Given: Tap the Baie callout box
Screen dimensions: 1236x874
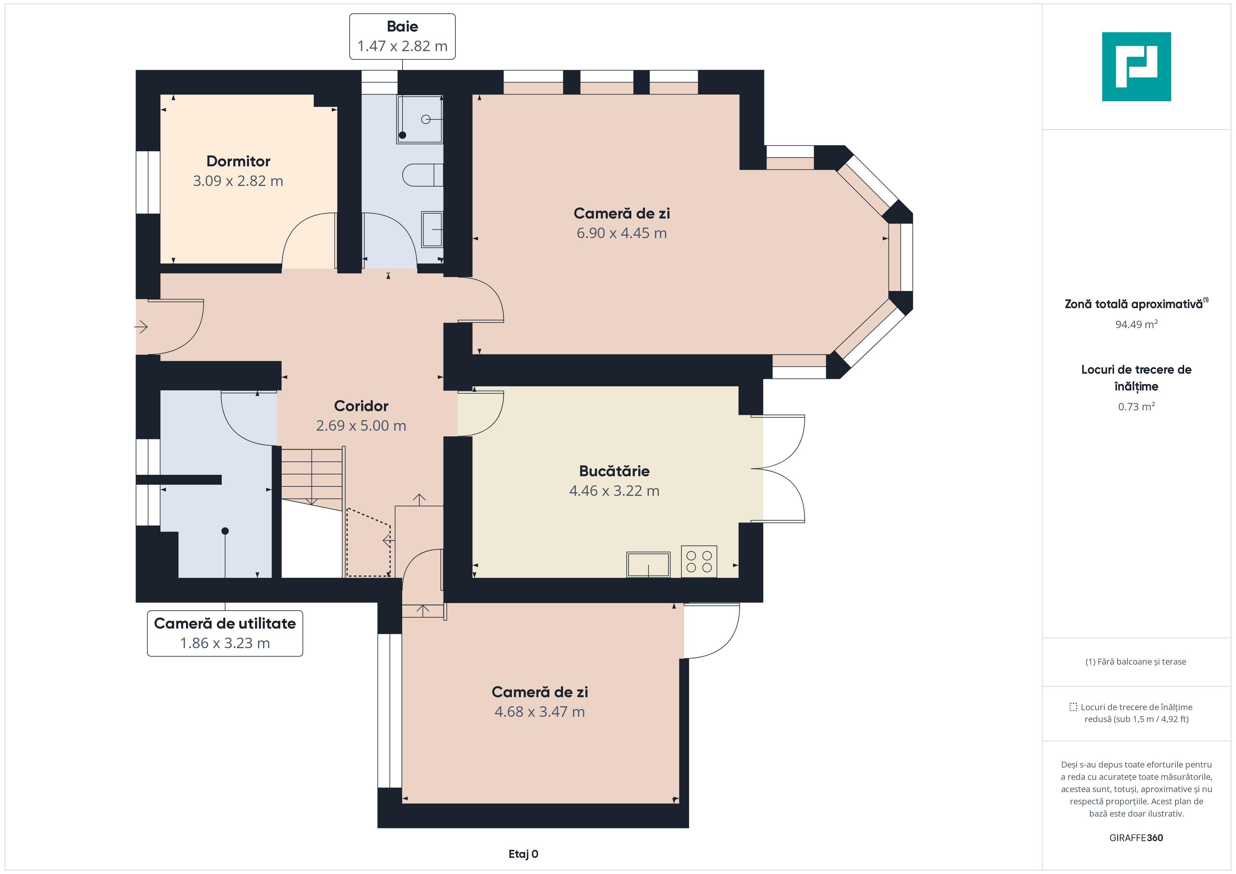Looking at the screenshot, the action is [x=402, y=37].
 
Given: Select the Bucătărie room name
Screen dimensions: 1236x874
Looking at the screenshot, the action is [x=614, y=471].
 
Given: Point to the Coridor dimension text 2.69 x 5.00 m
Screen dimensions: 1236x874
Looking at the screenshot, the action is [x=361, y=426].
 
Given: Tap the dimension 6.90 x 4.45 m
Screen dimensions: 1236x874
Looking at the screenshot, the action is [x=622, y=233].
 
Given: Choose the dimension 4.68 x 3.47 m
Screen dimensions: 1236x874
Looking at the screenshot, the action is [x=540, y=712].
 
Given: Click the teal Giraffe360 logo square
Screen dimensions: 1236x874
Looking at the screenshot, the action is [x=1137, y=67].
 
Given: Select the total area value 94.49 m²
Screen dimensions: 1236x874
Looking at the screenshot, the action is [x=1137, y=324].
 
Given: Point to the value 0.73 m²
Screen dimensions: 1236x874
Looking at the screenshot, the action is [x=1137, y=406].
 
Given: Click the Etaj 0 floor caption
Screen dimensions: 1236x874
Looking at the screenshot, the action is [x=523, y=854].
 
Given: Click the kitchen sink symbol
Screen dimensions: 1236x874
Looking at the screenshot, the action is [x=648, y=564].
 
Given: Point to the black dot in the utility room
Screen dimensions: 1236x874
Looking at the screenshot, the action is [x=225, y=531].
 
